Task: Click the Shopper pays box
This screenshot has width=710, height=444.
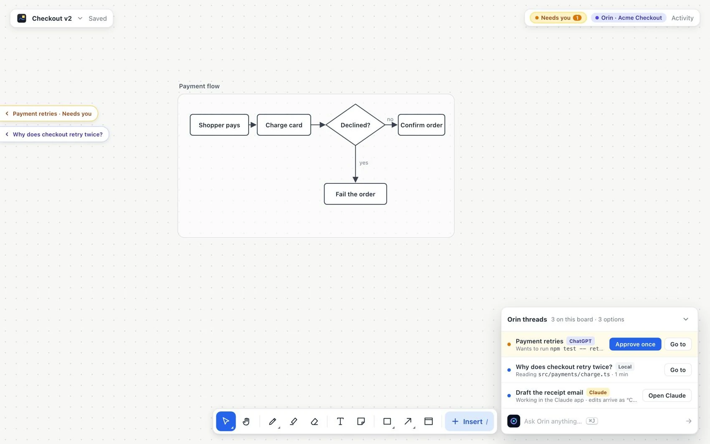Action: point(219,125)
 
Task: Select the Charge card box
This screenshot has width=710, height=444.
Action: point(284,125)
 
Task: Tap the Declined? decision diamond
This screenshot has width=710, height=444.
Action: point(355,125)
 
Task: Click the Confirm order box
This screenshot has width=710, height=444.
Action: point(421,125)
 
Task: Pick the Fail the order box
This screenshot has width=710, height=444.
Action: point(355,194)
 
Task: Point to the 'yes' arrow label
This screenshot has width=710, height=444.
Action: point(363,162)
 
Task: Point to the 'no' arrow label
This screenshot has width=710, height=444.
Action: point(390,119)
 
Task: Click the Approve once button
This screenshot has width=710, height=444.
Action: point(635,344)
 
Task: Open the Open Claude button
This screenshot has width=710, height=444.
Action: point(667,396)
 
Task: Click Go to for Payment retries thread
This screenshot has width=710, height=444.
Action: point(678,344)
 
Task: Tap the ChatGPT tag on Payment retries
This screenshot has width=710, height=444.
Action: point(580,341)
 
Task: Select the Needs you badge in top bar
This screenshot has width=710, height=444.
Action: point(558,18)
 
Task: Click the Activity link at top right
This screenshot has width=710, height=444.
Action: point(682,18)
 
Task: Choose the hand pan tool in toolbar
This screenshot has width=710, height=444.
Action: point(246,421)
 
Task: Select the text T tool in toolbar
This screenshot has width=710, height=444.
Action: point(340,421)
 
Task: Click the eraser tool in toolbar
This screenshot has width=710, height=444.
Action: point(314,421)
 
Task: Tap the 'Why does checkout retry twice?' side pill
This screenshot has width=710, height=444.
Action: point(54,134)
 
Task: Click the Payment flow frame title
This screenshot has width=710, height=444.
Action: point(199,86)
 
